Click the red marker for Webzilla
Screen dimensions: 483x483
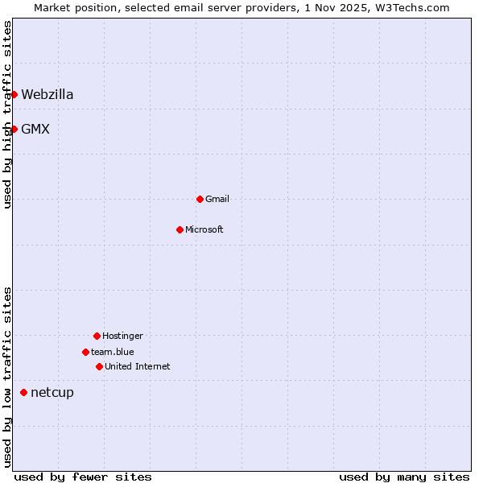[x=14, y=95]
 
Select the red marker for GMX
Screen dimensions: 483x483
[x=14, y=129]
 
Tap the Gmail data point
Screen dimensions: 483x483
[x=200, y=199]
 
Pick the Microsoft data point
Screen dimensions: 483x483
[x=180, y=229]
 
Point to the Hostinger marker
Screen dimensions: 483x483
[x=97, y=336]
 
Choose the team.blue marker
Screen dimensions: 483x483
[x=85, y=352]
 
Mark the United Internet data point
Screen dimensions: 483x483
[x=99, y=366]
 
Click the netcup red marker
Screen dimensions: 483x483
[x=23, y=393]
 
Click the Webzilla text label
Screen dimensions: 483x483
[x=47, y=95]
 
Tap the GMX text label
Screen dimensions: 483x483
[x=35, y=129]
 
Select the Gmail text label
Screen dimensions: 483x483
[x=217, y=199]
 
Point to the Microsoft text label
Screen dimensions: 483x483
[x=204, y=229]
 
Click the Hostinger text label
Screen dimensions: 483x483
[x=122, y=336]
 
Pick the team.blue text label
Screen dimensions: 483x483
[x=113, y=352]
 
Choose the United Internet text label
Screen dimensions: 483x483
[x=138, y=366]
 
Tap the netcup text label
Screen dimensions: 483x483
[x=52, y=393]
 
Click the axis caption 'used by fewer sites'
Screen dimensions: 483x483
[x=83, y=477]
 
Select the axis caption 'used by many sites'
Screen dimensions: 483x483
[x=404, y=477]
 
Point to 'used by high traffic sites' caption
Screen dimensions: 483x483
[x=7, y=114]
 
